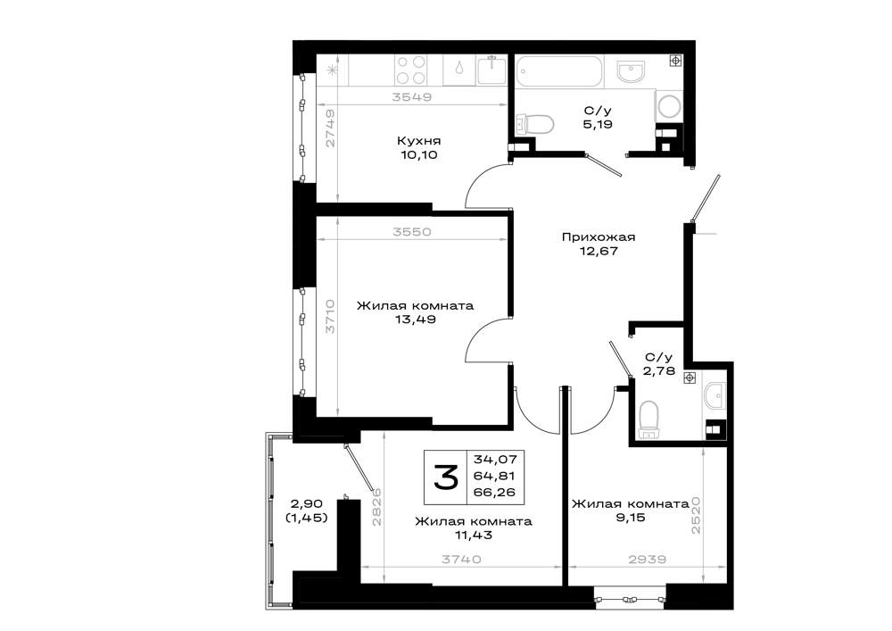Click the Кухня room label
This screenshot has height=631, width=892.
coord(418,140)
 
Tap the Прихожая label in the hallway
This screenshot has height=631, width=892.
coord(599,237)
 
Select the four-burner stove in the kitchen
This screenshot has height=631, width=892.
coord(410,70)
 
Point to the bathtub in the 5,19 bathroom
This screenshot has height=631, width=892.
coord(558,71)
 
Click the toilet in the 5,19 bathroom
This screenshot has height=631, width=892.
coord(534,125)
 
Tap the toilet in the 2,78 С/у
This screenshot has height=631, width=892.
coord(648,419)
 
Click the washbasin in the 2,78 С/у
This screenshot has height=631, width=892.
coord(714,395)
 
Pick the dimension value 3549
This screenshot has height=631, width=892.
coord(412,96)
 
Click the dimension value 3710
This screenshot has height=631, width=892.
coord(329,316)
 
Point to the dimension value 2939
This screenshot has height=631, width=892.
coord(648,560)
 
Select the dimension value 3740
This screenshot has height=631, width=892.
coord(461,560)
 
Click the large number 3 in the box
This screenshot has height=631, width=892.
coord(445,477)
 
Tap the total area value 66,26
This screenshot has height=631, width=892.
coord(494,492)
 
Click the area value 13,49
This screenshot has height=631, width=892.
coord(416,320)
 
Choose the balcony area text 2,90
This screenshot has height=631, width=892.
coord(307,503)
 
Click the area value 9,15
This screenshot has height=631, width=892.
coord(631,517)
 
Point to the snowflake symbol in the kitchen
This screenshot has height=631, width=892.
coord(331,71)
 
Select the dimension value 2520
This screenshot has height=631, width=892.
coord(696,516)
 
